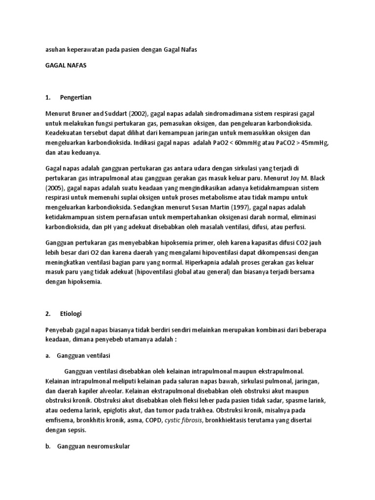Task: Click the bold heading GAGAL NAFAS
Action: coord(65,65)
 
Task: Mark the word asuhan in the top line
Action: coord(55,49)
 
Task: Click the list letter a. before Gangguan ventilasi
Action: coord(48,356)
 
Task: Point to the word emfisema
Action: coord(60,420)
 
